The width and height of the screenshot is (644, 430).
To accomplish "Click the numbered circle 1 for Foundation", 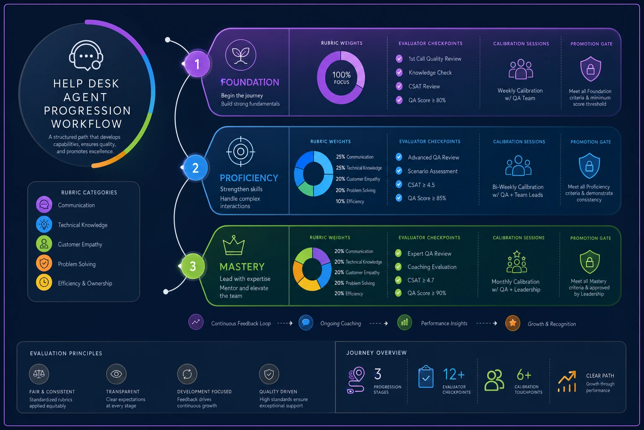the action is [x=197, y=64].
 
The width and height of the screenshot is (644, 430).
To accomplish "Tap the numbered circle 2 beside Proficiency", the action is [x=195, y=168].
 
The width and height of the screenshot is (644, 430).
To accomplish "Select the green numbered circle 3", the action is [x=193, y=266].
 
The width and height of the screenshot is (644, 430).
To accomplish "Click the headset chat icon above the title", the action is [x=86, y=55].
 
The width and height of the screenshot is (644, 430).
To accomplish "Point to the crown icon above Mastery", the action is [x=234, y=245].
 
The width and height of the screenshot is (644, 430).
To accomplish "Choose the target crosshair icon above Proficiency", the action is [x=241, y=152].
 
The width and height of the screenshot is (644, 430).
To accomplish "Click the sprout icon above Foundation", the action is [x=241, y=55].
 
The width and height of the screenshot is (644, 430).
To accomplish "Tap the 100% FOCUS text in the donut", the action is [x=341, y=78].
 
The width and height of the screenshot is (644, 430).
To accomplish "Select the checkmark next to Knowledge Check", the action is [x=399, y=73].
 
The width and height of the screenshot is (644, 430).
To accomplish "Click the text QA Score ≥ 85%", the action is [x=427, y=198].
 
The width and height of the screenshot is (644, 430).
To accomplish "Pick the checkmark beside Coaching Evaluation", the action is [x=398, y=267].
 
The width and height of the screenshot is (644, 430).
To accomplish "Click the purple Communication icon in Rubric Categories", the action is [x=44, y=205].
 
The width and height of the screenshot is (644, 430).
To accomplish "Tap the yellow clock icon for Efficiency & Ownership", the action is [x=44, y=282].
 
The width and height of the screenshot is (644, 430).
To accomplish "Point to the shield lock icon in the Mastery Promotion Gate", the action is [x=589, y=262].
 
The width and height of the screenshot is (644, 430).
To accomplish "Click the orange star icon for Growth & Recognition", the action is [x=513, y=323].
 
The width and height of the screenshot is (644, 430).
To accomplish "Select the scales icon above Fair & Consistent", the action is [x=39, y=374].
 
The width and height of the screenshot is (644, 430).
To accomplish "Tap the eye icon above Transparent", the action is [x=116, y=374].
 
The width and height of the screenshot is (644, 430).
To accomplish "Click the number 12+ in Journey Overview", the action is [x=454, y=375].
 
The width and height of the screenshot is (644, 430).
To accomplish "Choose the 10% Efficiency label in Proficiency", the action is [x=350, y=201].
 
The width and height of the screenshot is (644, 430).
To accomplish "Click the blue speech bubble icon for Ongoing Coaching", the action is [x=306, y=322].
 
